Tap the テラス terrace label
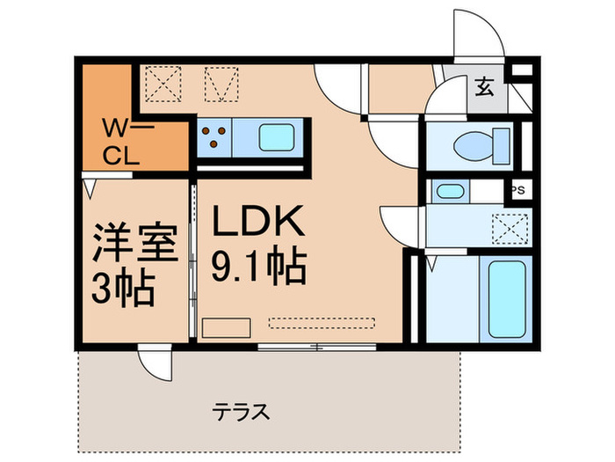[x=239, y=411]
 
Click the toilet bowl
[x=479, y=141]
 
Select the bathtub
[x=504, y=298]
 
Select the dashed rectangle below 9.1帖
[x=322, y=323]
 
